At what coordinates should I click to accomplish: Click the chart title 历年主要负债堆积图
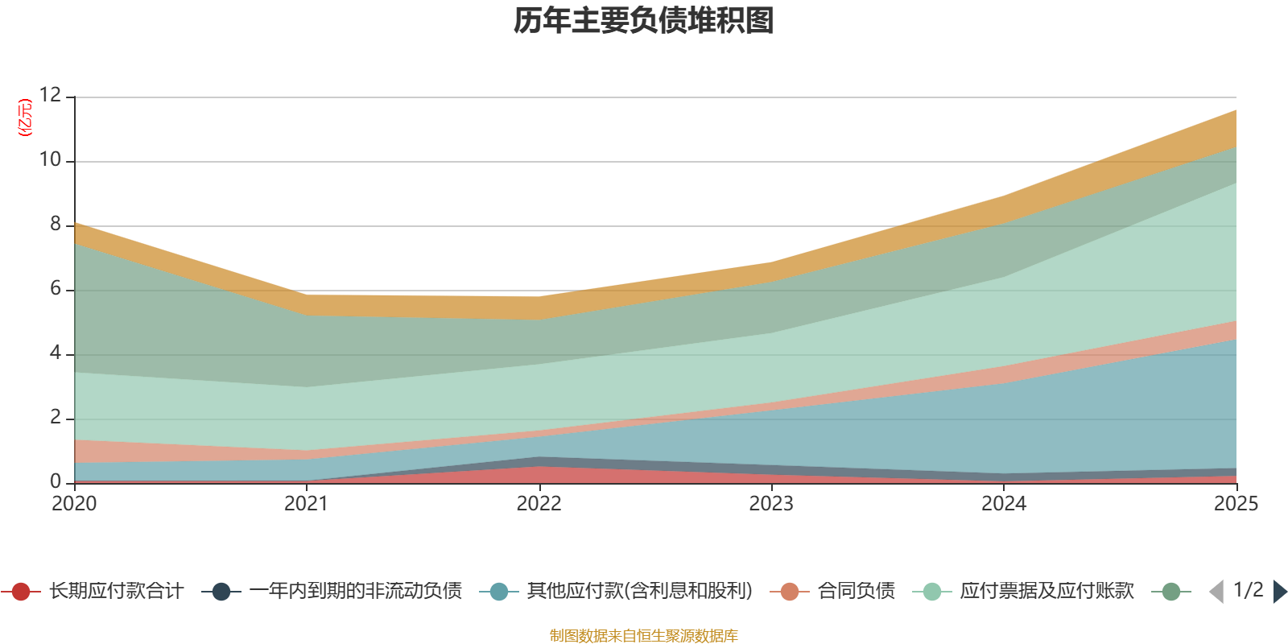tap(643, 21)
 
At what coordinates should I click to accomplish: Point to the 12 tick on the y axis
tap(50, 95)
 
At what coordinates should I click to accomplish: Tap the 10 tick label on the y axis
tap(50, 159)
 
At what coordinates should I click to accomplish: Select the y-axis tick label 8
tap(56, 224)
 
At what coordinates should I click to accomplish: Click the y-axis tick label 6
tap(56, 288)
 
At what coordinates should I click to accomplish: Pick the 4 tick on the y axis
tap(56, 353)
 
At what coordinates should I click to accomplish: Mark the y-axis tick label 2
tap(56, 417)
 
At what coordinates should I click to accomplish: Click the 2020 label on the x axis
tap(74, 504)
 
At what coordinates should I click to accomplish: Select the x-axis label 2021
tap(307, 504)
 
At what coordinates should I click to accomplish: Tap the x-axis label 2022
tap(539, 504)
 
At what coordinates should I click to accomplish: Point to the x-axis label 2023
tap(771, 504)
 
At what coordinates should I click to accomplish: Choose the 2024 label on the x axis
tap(1004, 504)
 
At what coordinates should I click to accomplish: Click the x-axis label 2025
tap(1236, 504)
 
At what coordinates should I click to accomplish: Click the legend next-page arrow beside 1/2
tap(1279, 591)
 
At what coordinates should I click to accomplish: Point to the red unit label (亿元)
tap(25, 118)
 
